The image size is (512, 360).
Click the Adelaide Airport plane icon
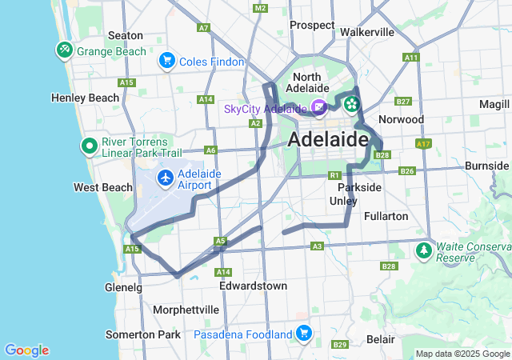166,177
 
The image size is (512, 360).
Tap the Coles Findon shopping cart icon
167,60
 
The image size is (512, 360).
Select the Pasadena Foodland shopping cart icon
303,333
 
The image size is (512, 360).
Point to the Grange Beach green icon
65,50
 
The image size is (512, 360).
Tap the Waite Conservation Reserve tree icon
422,251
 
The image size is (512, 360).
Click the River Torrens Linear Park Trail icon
89,147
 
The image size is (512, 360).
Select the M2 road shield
260,8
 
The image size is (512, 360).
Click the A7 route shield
203,28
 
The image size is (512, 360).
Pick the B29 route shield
340,345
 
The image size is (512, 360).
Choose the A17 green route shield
423,144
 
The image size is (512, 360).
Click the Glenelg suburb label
123,287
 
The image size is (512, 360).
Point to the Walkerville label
367,32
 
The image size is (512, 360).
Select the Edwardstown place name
253,286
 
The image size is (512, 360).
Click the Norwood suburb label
401,119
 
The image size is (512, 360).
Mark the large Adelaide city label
327,139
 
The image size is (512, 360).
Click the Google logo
26,350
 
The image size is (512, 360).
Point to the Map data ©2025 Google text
462,354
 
